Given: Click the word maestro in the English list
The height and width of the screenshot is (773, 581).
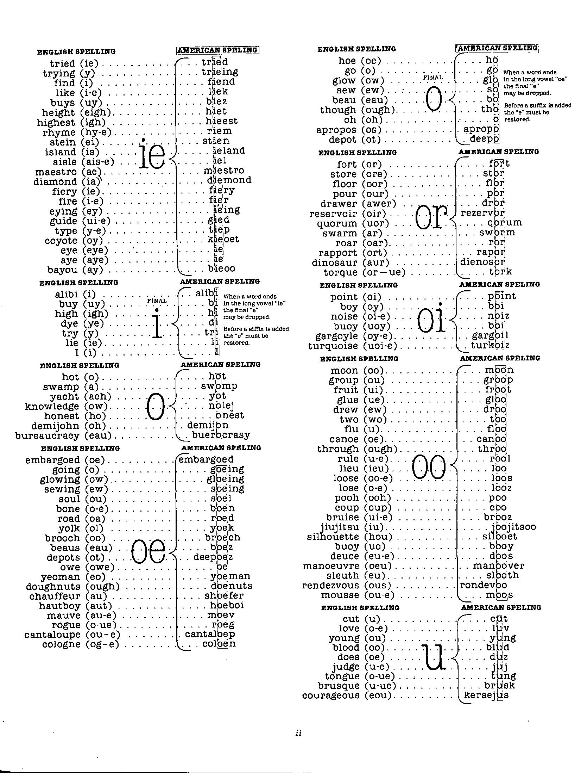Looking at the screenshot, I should pyautogui.click(x=56, y=172).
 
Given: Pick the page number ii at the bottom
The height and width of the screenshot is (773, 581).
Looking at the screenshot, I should pyautogui.click(x=298, y=733).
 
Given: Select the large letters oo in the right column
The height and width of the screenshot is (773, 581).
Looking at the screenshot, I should pyautogui.click(x=428, y=467).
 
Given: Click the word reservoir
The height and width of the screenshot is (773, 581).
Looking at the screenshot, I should pyautogui.click(x=333, y=214).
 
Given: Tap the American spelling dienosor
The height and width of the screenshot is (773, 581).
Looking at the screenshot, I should pyautogui.click(x=482, y=262).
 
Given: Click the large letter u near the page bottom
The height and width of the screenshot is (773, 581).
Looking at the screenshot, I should pyautogui.click(x=434, y=657).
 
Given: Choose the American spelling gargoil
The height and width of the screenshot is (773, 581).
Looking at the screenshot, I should pyautogui.click(x=490, y=335).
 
